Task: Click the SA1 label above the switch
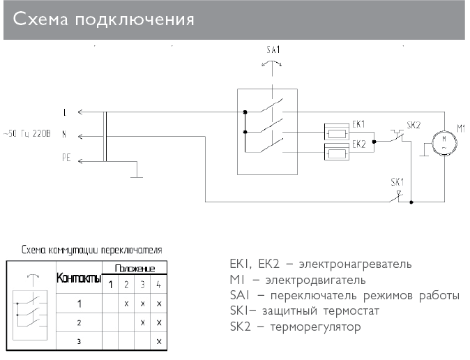point(274,50)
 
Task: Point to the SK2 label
point(413,125)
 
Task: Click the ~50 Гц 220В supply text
point(26,133)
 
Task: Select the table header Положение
point(135,269)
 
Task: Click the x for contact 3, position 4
point(160,340)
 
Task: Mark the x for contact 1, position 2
point(126,304)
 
